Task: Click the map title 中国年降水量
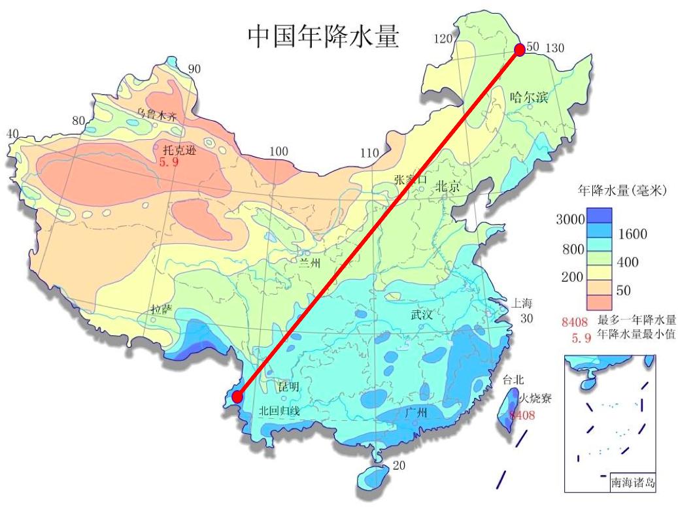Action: point(323,37)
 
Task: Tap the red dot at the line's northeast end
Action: point(519,50)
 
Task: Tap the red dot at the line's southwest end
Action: point(237,397)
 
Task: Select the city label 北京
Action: point(449,186)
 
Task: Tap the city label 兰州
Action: point(310,263)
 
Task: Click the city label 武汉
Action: point(422,315)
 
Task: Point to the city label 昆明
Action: point(288,387)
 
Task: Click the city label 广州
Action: point(416,412)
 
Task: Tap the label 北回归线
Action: point(279,411)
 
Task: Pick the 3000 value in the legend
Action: point(569,220)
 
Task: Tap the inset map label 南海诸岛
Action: point(632,484)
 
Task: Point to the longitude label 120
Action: point(443,39)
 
